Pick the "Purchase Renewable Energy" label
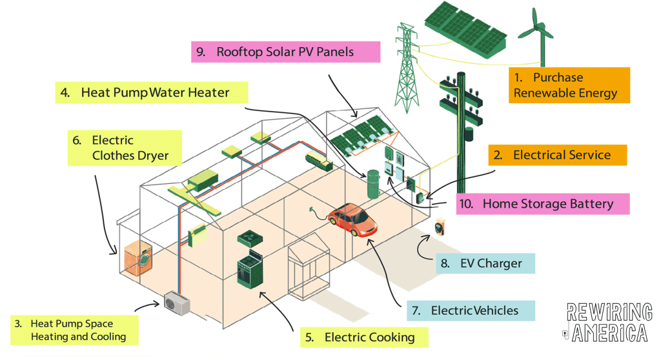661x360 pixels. (x=567, y=85)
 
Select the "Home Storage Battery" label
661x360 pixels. (x=542, y=204)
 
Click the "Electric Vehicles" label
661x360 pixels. (x=471, y=310)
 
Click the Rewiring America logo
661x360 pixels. (x=607, y=322)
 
